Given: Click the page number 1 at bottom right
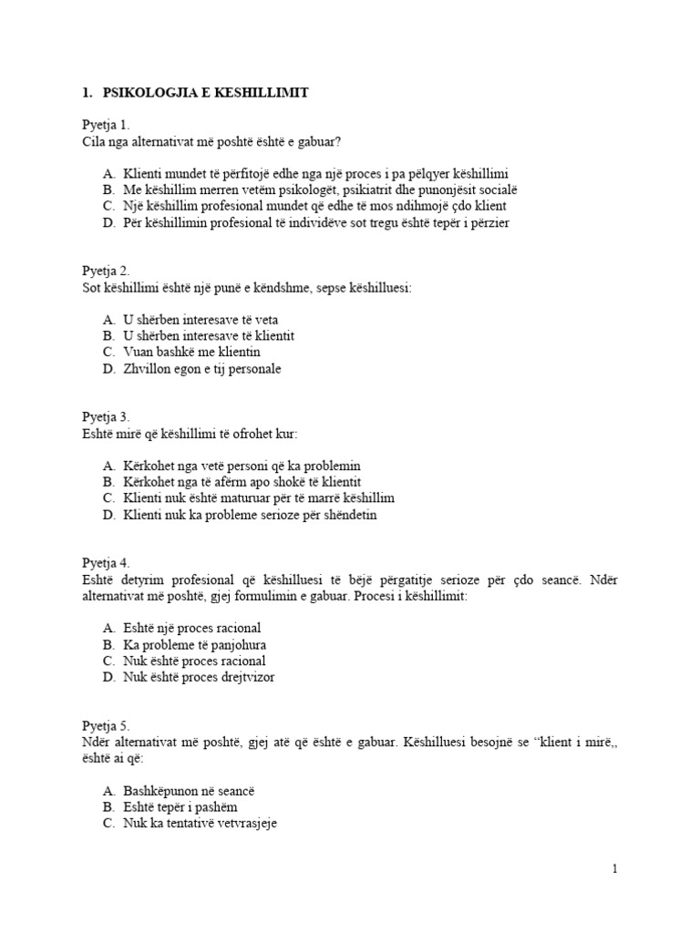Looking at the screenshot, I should click(615, 869).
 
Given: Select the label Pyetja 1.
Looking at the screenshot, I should click(106, 124).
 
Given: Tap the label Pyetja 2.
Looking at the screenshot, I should click(106, 270).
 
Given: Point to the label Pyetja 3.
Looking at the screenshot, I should click(106, 416).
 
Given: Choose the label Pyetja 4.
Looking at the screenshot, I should click(106, 563).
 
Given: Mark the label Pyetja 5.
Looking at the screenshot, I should click(106, 726).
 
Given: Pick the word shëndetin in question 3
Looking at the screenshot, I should click(346, 515).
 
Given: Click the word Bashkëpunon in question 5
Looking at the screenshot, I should click(160, 791).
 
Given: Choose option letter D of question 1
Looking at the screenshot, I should click(108, 222).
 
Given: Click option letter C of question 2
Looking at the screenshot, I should click(108, 353).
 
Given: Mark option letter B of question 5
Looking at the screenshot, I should click(108, 807).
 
